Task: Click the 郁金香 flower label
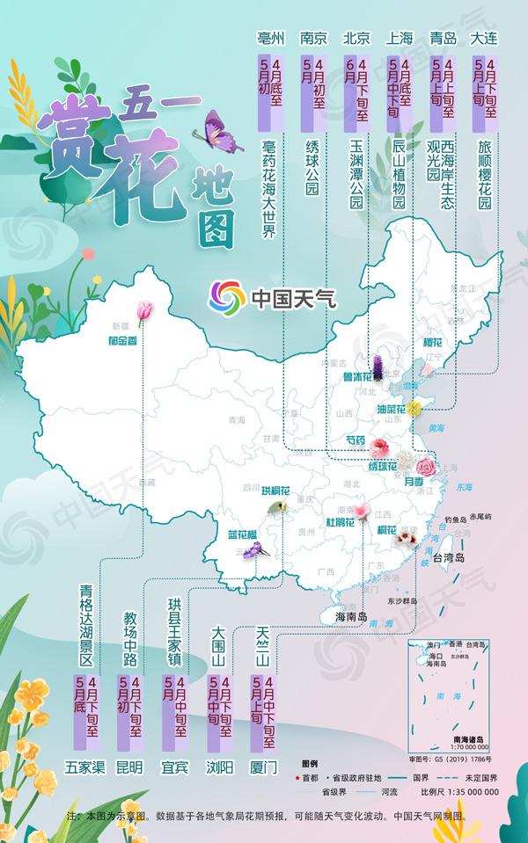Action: [x=124, y=340]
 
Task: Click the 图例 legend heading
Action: [x=309, y=760]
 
